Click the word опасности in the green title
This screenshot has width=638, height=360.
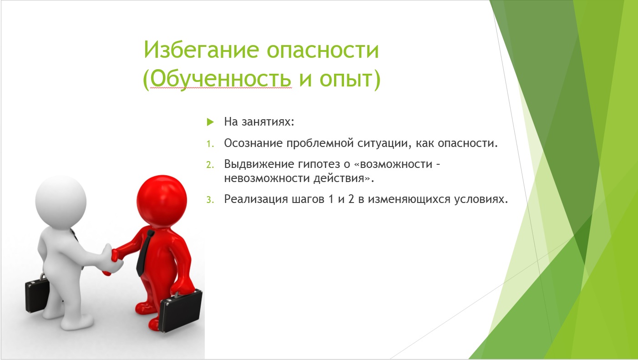pos(323,50)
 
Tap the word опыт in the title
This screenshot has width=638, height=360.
pos(346,79)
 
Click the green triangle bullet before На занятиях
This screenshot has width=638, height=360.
pos(210,122)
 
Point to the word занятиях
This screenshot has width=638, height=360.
pos(268,122)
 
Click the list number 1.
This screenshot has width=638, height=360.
pos(210,144)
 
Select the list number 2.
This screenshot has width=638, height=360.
pos(210,165)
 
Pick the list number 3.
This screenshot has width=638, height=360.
pos(210,200)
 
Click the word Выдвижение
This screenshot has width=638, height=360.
pos(259,164)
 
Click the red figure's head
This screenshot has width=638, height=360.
pos(162,200)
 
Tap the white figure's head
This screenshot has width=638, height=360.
pos(61,200)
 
